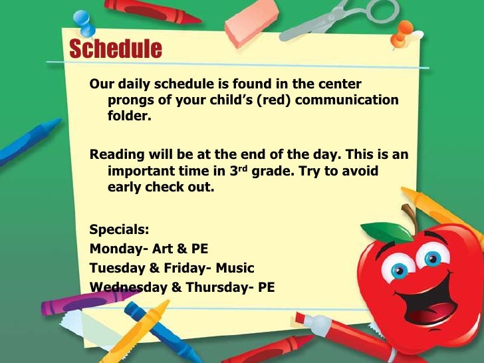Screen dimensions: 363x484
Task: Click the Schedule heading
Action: tap(115, 49)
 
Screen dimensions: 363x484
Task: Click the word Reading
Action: tap(117, 154)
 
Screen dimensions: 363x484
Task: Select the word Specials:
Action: tap(120, 230)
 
